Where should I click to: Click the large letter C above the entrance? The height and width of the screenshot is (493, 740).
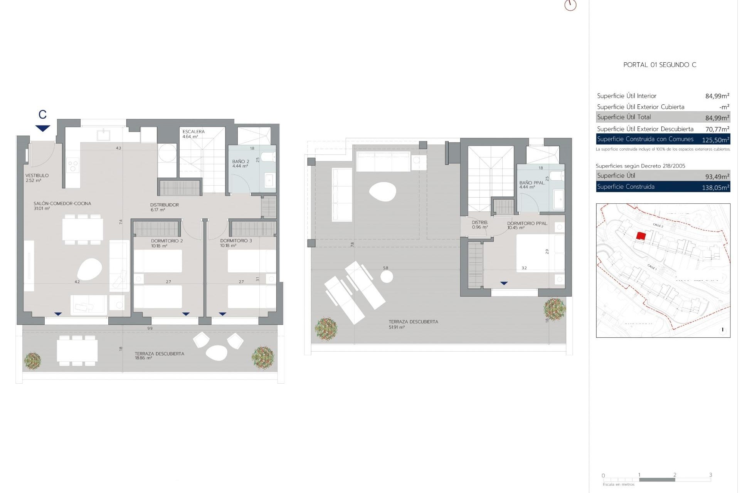pos(42,114)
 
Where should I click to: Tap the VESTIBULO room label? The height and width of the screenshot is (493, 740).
pos(37,176)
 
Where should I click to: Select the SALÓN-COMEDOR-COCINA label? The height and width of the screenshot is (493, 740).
pos(62,203)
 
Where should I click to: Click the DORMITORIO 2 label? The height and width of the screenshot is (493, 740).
pos(167,241)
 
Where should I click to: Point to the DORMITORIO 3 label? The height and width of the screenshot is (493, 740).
pos(236,241)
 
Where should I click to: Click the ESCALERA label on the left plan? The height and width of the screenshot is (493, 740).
pos(193,132)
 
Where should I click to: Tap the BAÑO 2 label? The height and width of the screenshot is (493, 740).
pos(240,162)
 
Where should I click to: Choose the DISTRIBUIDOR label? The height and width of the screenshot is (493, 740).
pos(165,205)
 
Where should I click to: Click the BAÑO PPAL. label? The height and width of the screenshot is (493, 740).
pos(532,183)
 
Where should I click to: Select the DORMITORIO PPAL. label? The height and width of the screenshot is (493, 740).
pos(527,223)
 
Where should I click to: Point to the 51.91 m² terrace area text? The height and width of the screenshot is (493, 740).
pos(397,327)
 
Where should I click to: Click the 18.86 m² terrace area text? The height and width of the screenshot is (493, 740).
pos(143,358)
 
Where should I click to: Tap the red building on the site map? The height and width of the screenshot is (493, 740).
pos(641,236)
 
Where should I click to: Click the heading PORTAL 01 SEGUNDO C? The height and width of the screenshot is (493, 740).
pos(659,65)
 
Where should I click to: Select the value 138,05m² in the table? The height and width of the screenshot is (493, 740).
pos(715,188)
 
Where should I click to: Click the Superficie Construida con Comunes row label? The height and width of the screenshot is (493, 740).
pos(645,139)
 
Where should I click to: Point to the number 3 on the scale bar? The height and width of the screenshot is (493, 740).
pos(710,475)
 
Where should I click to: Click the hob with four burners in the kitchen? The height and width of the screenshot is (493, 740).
pos(73,166)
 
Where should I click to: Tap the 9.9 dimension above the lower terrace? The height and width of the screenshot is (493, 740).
pos(150,329)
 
